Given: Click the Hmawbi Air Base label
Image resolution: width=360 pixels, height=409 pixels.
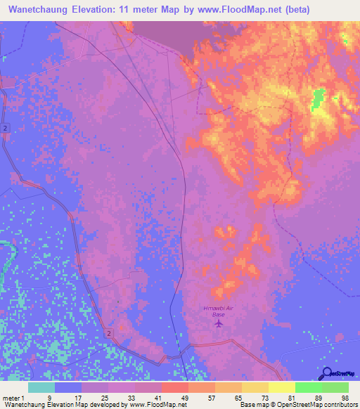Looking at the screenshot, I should point(219,313).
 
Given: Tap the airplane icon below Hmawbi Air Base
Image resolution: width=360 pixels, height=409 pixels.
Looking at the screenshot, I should point(219,325).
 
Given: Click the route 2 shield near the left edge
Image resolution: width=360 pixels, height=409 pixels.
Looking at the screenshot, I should point(5,127).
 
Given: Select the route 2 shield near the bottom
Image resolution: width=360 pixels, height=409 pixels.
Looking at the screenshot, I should point(110,332).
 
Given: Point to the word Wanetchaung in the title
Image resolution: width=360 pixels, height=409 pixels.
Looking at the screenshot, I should point(41,11).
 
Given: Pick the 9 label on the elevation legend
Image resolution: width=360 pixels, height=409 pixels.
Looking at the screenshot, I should point(49,397).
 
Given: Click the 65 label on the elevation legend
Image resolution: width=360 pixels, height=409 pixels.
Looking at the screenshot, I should point(238,397).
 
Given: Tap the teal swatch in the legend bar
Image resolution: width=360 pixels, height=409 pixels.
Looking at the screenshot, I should point(41,387).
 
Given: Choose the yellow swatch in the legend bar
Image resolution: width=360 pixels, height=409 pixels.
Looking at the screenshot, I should point(282,387).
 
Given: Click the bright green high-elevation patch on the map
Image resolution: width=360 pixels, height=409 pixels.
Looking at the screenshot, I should point(317,100).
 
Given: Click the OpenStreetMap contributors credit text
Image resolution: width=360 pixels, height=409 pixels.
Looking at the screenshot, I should point(323,405).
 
